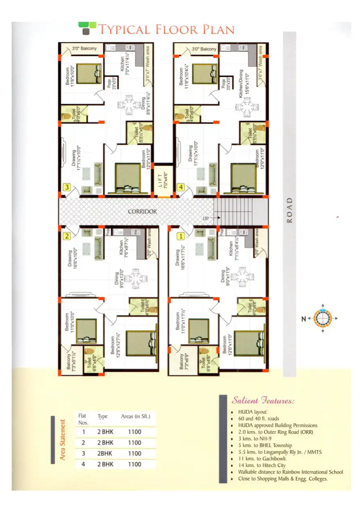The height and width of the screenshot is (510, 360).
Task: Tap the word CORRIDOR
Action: pyautogui.click(x=142, y=211)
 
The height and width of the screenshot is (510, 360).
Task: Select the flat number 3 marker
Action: pyautogui.click(x=67, y=187)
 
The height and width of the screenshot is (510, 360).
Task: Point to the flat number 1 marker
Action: pyautogui.click(x=181, y=236)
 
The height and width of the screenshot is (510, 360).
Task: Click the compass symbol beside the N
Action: pyautogui.click(x=322, y=319)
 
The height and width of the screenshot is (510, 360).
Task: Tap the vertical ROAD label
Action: pyautogui.click(x=289, y=210)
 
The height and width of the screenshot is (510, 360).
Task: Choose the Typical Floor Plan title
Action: pyautogui.click(x=166, y=29)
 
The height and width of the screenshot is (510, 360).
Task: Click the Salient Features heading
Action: pyautogui.click(x=263, y=401)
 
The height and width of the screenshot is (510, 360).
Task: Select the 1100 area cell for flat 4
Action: pyautogui.click(x=134, y=464)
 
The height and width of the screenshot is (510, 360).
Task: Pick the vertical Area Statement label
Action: pyautogui.click(x=63, y=440)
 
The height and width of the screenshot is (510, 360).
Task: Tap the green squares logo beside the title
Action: pyautogui.click(x=87, y=28)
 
